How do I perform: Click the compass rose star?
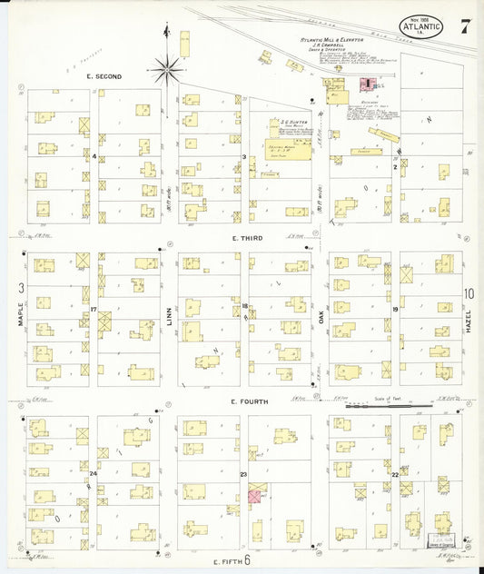167,65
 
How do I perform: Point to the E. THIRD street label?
246,238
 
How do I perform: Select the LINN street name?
169,318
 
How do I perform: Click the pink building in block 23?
255,497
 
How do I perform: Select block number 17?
94,310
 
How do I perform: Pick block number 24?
93,473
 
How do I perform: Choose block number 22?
395,474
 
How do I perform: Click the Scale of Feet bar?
389,405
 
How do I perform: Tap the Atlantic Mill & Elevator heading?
332,41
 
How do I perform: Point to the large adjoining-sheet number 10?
469,292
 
